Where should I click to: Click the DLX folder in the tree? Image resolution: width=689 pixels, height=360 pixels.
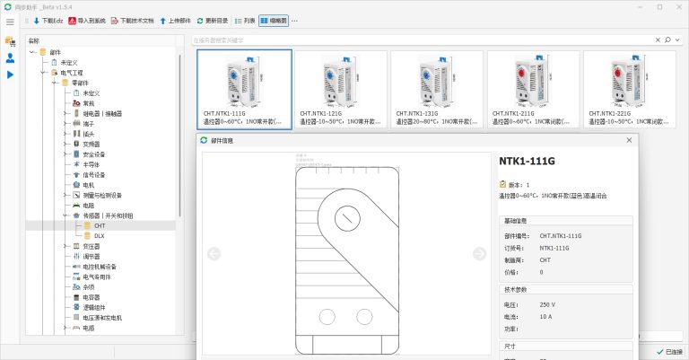(100, 235)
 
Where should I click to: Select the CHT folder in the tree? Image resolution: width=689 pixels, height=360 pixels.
(99, 225)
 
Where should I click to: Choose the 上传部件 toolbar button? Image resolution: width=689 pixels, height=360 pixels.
(174, 20)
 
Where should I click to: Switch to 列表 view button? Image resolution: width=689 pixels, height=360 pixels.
(245, 20)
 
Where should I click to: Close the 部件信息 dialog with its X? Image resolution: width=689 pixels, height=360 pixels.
(629, 140)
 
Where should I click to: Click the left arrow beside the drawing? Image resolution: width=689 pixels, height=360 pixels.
(214, 252)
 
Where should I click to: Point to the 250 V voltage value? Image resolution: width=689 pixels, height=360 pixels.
(547, 304)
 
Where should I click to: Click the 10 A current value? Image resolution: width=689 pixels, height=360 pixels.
(546, 317)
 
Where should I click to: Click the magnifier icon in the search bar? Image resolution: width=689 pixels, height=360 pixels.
(667, 40)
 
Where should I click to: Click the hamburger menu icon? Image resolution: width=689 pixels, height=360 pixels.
(10, 20)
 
